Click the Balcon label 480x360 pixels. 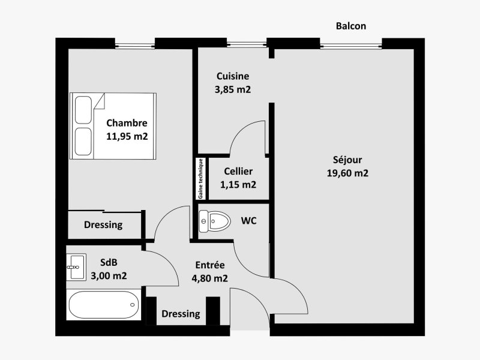351,26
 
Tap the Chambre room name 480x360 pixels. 127,123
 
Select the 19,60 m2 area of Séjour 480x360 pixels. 347,173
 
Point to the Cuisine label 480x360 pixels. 233,76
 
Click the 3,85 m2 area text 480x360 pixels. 233,89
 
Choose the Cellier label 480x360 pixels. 238,171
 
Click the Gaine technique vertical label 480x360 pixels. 201,179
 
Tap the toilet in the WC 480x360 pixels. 215,221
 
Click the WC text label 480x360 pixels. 248,221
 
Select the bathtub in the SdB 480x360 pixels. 104,305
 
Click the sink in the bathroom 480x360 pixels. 76,267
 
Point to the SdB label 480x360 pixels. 109,262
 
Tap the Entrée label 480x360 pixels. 209,265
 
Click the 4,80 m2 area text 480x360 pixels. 209,278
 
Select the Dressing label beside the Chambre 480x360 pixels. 103,224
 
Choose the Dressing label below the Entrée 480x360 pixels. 181,314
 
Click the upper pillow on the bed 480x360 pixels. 83,110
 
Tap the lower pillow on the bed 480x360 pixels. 83,142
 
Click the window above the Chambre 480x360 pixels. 135,46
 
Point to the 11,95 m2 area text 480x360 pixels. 127,136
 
